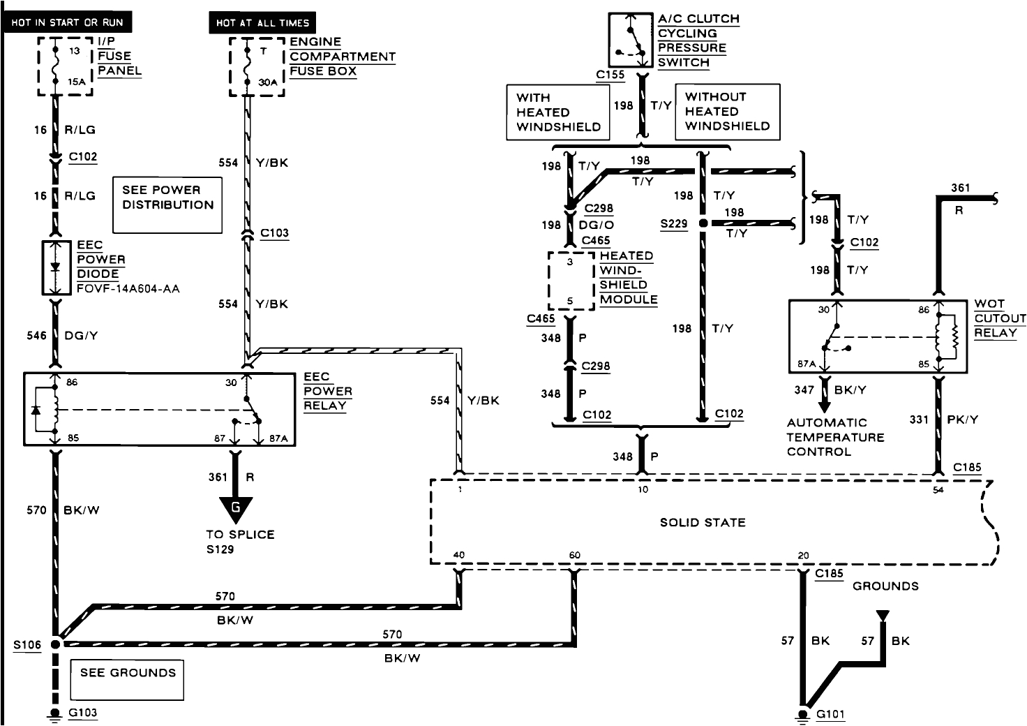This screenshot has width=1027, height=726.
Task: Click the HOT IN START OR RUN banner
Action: coord(67,22)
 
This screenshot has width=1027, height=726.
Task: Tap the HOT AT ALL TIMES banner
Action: coord(262,22)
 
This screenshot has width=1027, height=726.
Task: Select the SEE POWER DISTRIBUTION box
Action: coord(167,205)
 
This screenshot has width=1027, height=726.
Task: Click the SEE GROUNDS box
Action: coord(127,680)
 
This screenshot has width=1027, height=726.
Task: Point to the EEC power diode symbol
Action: coord(57,268)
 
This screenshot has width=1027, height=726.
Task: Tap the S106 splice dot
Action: coord(56,644)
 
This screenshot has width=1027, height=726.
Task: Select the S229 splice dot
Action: coord(703,223)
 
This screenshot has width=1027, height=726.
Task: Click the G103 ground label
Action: coord(82,713)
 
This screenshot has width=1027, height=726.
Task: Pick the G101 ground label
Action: coord(830,714)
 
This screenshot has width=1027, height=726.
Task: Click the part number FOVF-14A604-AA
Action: coord(128,289)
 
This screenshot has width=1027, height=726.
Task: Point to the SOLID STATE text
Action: coord(703,522)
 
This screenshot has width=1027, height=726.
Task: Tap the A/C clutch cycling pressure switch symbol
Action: coord(631,40)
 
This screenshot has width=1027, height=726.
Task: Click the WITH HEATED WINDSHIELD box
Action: coord(558,112)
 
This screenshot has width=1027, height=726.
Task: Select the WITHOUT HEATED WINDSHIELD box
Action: coord(728,112)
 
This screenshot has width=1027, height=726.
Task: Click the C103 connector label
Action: coord(274,233)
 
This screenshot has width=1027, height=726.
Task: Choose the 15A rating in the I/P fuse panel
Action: coord(77,82)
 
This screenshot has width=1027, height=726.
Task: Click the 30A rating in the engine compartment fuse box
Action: coord(268,82)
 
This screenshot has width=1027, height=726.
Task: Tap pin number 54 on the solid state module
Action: coord(938,490)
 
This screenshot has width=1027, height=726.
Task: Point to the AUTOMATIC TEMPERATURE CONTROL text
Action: coord(835,437)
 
